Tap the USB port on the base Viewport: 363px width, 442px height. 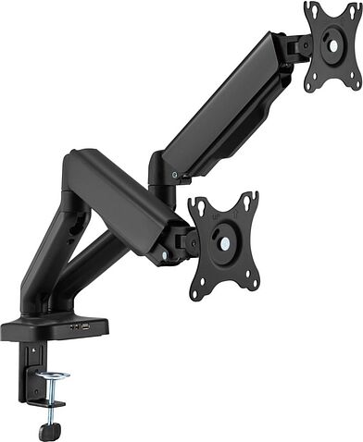tap(85, 325)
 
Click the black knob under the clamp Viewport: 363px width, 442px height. tap(45, 430)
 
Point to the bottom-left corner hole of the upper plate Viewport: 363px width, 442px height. tap(310, 84)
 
